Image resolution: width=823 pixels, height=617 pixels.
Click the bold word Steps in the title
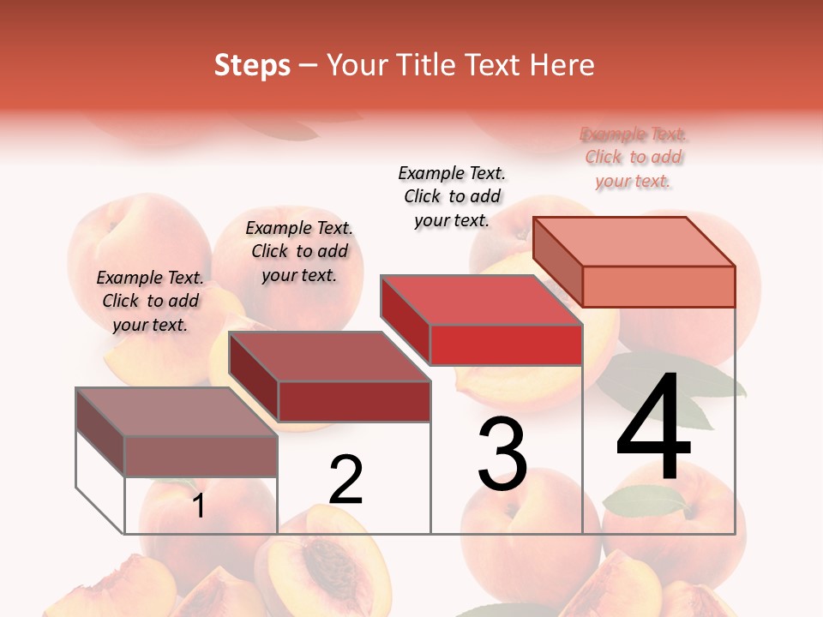252,65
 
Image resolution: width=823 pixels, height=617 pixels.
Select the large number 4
653,428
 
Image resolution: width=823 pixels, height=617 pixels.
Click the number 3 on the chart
502,454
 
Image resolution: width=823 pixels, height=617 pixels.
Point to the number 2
346,480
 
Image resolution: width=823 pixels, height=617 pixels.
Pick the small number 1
199,506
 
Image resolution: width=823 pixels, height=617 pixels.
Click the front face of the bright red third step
506,344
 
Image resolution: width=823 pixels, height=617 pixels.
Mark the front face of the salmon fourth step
658,286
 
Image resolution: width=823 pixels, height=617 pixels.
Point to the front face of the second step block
353,401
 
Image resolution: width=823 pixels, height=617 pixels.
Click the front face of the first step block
201,456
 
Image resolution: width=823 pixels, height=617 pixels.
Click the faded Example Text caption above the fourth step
634,158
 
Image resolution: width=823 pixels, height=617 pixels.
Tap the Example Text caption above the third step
453,196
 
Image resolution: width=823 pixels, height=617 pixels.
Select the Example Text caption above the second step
299,251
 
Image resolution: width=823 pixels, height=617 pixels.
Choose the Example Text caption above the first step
150,301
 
